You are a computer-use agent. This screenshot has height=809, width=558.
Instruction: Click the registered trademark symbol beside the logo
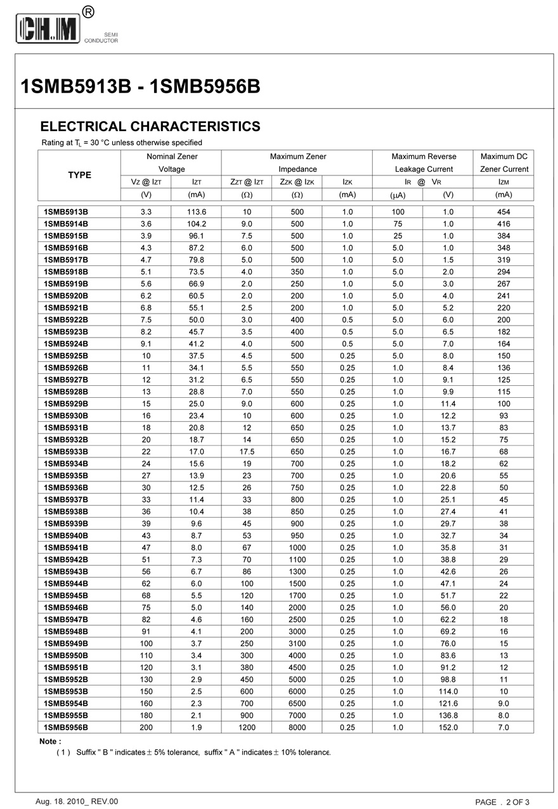pos(89,11)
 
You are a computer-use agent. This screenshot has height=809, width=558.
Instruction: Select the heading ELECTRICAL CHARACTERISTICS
pos(150,126)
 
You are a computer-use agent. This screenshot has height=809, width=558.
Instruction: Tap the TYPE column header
pos(79,175)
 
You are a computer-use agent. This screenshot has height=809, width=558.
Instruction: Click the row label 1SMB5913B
pos(66,212)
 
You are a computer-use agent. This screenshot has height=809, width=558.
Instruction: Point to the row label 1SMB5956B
pos(66,727)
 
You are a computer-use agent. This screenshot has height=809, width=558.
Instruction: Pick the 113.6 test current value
pos(197,212)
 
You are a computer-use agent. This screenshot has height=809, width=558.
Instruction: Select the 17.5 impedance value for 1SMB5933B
pos(247,452)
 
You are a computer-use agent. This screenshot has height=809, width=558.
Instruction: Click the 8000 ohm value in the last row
pos(297,727)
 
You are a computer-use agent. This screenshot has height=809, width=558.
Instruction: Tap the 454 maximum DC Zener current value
pos(503,212)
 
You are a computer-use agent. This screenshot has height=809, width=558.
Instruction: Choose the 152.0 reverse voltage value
pos(448,727)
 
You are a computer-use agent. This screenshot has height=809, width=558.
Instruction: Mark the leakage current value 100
pos(398,212)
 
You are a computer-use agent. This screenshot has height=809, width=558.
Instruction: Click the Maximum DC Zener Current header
pos(503,163)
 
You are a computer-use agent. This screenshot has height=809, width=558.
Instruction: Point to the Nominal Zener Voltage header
pos(172,163)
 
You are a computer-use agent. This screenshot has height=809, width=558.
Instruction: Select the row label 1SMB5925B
pos(66,356)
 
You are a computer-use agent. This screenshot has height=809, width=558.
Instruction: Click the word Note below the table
pos(50,741)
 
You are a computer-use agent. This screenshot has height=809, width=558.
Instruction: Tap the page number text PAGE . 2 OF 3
pos(502,802)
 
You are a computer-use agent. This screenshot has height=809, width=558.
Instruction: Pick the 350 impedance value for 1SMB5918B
pos(297,272)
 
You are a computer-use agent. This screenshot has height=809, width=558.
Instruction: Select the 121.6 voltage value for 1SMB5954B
pos(448,703)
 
